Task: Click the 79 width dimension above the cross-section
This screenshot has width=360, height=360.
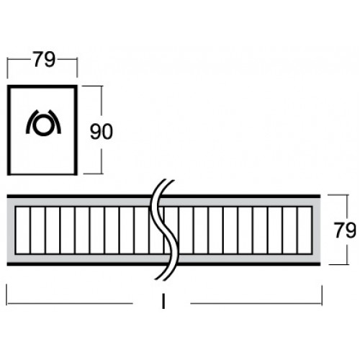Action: [44, 59]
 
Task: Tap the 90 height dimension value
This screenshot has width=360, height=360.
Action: [101, 132]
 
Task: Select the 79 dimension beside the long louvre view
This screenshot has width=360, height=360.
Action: [345, 230]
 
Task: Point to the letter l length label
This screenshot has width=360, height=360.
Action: [163, 302]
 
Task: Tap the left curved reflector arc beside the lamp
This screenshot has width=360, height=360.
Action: [31, 121]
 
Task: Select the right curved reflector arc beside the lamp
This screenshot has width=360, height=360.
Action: [55, 121]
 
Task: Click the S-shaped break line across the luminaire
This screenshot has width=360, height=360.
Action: [165, 230]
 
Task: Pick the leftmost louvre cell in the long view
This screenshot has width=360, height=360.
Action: [23, 230]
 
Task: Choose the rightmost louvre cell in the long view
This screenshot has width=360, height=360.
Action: [305, 230]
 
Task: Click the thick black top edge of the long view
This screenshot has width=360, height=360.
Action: [163, 197]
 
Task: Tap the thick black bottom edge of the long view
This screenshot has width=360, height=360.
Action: [163, 264]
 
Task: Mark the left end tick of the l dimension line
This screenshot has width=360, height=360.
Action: [6, 294]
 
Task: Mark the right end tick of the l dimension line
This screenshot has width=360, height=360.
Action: [322, 294]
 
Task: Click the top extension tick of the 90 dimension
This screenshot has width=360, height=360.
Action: [92, 86]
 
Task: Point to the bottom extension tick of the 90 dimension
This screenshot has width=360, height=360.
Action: [93, 173]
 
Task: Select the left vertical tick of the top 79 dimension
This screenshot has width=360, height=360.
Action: [7, 68]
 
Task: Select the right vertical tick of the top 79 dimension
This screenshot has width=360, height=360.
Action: [77, 68]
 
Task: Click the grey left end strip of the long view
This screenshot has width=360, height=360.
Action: [11, 230]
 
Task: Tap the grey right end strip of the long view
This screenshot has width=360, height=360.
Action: [317, 230]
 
